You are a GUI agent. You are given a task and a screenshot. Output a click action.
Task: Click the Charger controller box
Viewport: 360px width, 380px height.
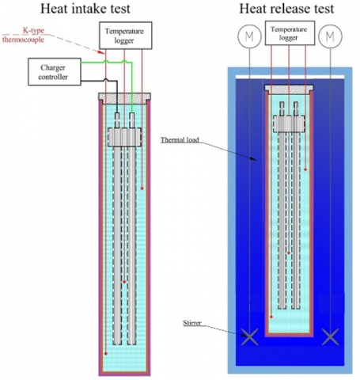pos(55,72)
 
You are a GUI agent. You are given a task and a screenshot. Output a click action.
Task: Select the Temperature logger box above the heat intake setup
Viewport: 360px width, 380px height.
pos(126,36)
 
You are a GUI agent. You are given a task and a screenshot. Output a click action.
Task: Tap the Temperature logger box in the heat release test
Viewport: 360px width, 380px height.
pos(290,33)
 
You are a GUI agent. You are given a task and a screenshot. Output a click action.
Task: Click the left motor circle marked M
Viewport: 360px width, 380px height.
pos(249,36)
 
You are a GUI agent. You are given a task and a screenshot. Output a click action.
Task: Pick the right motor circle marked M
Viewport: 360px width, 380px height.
pos(330,36)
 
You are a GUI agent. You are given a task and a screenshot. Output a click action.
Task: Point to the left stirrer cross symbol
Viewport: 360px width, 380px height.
pos(249,337)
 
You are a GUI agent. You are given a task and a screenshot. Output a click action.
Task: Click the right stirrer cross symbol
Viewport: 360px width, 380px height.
pos(330,337)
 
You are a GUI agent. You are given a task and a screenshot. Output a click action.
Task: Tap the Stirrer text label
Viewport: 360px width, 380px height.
pos(192,323)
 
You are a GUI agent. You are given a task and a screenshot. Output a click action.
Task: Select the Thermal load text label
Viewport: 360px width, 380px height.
pos(180,140)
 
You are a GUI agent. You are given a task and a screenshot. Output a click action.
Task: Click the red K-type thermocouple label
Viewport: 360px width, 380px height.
pos(23,35)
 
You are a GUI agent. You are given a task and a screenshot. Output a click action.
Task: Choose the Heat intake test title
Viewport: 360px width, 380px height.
pos(85,9)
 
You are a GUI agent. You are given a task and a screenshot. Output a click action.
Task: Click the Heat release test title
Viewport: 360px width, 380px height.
pos(286,9)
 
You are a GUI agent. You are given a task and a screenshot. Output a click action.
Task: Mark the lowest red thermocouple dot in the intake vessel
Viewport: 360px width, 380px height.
pos(106,354)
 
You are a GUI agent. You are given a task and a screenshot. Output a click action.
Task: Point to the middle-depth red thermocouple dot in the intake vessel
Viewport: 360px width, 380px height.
pos(124,282)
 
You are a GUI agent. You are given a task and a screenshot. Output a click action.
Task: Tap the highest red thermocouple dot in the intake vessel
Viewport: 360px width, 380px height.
pos(142,188)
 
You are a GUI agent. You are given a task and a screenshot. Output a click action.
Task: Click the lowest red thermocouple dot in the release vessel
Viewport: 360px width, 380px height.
pos(271,317)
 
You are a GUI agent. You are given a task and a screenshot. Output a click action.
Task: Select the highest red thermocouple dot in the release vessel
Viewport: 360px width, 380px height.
pos(305,169)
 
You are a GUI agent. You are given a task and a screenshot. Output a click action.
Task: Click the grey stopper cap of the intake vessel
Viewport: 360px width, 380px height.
pos(124,99)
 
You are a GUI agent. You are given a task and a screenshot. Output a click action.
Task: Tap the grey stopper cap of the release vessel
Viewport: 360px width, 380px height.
pos(290,89)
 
